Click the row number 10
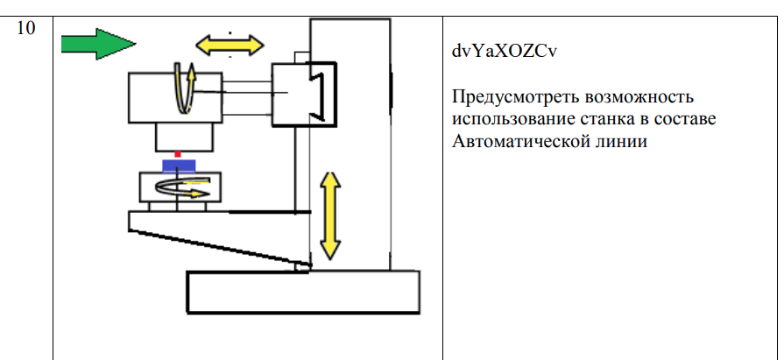27,28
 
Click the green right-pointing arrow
97,42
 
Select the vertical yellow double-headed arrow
329,215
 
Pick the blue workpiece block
178,166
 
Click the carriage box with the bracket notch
302,93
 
